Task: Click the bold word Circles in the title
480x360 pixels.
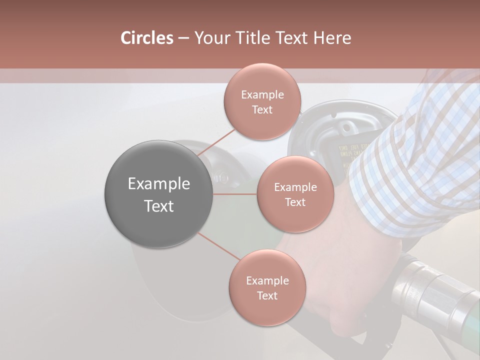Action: pos(146,38)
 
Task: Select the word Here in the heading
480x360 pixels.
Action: pos(332,38)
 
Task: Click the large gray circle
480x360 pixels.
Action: pos(158,194)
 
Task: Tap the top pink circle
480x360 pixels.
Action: pos(262,101)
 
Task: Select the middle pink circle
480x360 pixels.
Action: pos(295,194)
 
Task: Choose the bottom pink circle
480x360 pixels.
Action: pos(267,287)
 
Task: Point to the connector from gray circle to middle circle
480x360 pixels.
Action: pos(235,194)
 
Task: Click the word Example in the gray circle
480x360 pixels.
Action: pos(158,183)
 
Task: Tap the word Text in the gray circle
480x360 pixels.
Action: pos(158,206)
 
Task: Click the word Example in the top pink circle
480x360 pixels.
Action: pos(262,94)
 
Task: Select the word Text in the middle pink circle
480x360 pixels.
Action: pos(295,202)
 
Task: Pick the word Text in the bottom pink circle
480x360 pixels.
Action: pos(267,295)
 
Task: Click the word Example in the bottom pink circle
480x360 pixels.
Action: pos(267,280)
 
